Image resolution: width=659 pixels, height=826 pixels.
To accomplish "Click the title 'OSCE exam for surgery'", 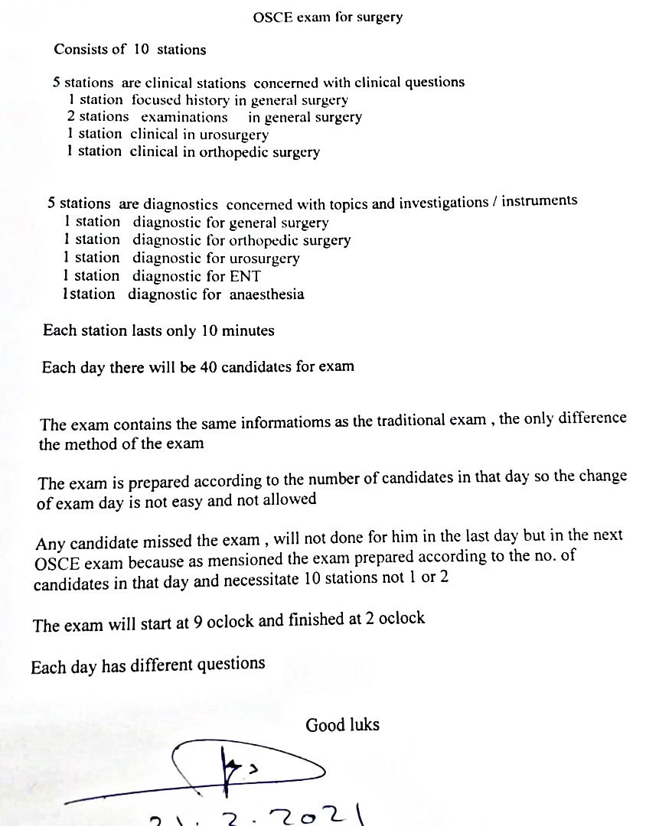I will pyautogui.click(x=327, y=17).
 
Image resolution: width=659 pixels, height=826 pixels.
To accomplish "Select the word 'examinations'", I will pyautogui.click(x=184, y=117).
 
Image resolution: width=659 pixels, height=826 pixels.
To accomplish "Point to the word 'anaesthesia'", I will pyautogui.click(x=266, y=294).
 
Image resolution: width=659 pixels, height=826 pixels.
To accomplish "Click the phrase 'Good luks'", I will pyautogui.click(x=342, y=724).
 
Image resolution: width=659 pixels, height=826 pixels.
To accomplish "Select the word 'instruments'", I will pyautogui.click(x=540, y=201).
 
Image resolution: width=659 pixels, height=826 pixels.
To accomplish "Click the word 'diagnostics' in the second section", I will pyautogui.click(x=181, y=204).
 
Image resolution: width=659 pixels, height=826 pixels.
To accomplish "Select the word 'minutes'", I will pyautogui.click(x=248, y=331).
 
